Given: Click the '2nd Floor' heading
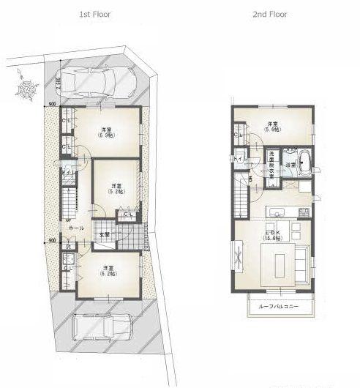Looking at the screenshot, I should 271,14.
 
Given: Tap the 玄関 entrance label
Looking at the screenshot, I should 105,235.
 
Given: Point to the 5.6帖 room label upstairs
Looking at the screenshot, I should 272,127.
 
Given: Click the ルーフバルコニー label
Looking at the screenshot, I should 279,307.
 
